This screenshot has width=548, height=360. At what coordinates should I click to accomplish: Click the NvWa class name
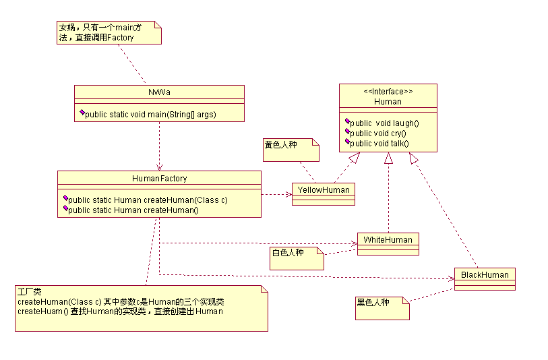159,92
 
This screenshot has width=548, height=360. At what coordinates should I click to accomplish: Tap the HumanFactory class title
159,179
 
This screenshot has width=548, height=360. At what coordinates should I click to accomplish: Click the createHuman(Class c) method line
148,200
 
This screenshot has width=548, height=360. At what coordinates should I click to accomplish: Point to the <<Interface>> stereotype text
388,92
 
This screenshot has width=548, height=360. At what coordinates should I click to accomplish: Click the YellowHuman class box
324,194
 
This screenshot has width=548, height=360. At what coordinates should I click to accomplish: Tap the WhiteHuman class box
388,244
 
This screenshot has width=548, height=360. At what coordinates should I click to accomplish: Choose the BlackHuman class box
485,279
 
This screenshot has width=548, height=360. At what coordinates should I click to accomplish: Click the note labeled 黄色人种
291,150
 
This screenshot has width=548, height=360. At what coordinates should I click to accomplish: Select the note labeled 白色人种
297,258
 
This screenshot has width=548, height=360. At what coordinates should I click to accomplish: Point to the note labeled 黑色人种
382,308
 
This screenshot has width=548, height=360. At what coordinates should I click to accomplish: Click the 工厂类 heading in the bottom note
30,291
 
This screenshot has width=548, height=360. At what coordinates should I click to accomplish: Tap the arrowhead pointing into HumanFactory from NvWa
159,167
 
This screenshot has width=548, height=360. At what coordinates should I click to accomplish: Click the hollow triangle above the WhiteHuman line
388,158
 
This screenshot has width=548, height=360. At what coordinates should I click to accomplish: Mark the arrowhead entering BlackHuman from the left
451,278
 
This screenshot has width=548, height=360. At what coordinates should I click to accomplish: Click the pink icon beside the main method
82,112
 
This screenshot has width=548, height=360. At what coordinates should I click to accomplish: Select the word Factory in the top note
120,38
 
